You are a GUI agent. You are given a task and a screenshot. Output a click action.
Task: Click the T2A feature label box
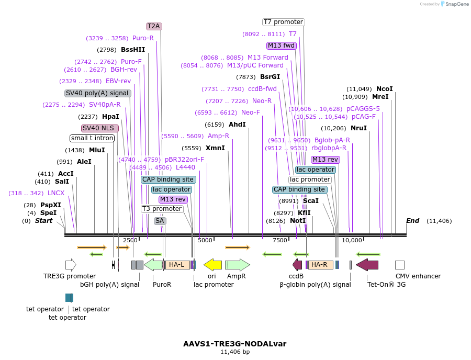pyautogui.click(x=154, y=26)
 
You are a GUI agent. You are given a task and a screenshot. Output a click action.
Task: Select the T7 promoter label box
pyautogui.click(x=283, y=22)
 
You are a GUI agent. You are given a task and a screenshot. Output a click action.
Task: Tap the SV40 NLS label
pyautogui.click(x=100, y=128)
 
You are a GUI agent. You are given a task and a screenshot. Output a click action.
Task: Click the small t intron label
pyautogui.click(x=92, y=138)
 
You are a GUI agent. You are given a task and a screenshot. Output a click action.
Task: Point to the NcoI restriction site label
pyautogui.click(x=384, y=89)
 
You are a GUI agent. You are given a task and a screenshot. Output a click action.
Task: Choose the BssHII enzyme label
pyautogui.click(x=133, y=50)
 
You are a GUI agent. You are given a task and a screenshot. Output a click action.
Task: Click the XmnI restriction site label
pyautogui.click(x=215, y=148)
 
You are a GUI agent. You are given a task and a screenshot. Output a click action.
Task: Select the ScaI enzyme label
pyautogui.click(x=310, y=200)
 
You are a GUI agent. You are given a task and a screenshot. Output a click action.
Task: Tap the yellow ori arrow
pyautogui.click(x=212, y=265)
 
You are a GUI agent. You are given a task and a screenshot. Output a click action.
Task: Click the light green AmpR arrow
pyautogui.click(x=237, y=265)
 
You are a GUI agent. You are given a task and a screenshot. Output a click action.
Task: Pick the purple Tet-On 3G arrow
pyautogui.click(x=367, y=265)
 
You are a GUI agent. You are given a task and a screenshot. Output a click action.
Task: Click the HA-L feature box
pyautogui.click(x=177, y=265)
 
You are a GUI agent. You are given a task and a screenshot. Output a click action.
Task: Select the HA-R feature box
pyautogui.click(x=320, y=265)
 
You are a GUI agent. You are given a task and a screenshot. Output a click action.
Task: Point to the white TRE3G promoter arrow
pyautogui.click(x=71, y=265)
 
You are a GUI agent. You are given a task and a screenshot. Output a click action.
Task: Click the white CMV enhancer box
pyautogui.click(x=399, y=265)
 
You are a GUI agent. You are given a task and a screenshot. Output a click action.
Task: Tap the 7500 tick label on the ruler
pyautogui.click(x=279, y=240)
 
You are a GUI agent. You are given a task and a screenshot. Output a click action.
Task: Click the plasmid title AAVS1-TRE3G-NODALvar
pyautogui.click(x=235, y=344)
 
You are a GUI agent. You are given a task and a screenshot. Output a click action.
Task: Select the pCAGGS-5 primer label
pyautogui.click(x=363, y=109)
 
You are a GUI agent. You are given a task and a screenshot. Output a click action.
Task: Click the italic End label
pyautogui.click(x=412, y=221)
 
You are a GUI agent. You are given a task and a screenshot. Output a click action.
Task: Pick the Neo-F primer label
pyautogui.click(x=250, y=113)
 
